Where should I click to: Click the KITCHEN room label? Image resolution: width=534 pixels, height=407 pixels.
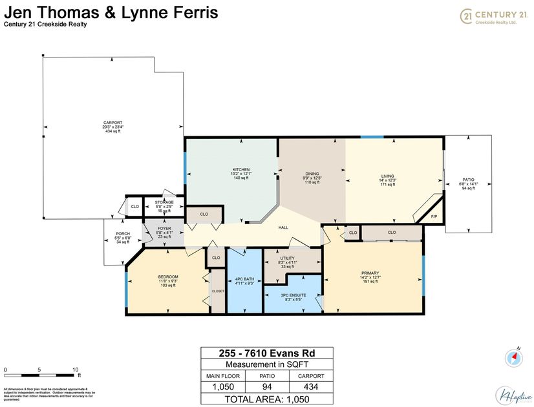click(240, 169)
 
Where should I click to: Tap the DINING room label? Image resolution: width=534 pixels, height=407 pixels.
click(312, 174)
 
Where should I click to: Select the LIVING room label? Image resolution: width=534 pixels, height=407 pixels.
click(387, 176)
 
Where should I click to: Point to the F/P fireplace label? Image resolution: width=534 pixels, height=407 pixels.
click(434, 216)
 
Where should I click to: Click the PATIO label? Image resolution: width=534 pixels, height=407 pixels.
click(467, 180)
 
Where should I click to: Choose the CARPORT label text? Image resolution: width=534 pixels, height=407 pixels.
click(112, 123)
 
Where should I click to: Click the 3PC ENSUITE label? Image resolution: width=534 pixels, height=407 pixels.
click(292, 296)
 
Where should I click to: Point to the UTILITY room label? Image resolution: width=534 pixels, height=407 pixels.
click(288, 258)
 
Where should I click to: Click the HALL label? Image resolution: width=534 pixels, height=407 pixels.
click(283, 227)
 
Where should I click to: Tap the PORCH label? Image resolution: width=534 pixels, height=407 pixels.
click(123, 234)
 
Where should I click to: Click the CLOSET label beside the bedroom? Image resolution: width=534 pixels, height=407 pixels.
click(218, 291)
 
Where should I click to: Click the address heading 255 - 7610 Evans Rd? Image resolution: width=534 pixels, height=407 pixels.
click(266, 353)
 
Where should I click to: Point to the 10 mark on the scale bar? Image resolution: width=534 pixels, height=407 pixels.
click(75, 370)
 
